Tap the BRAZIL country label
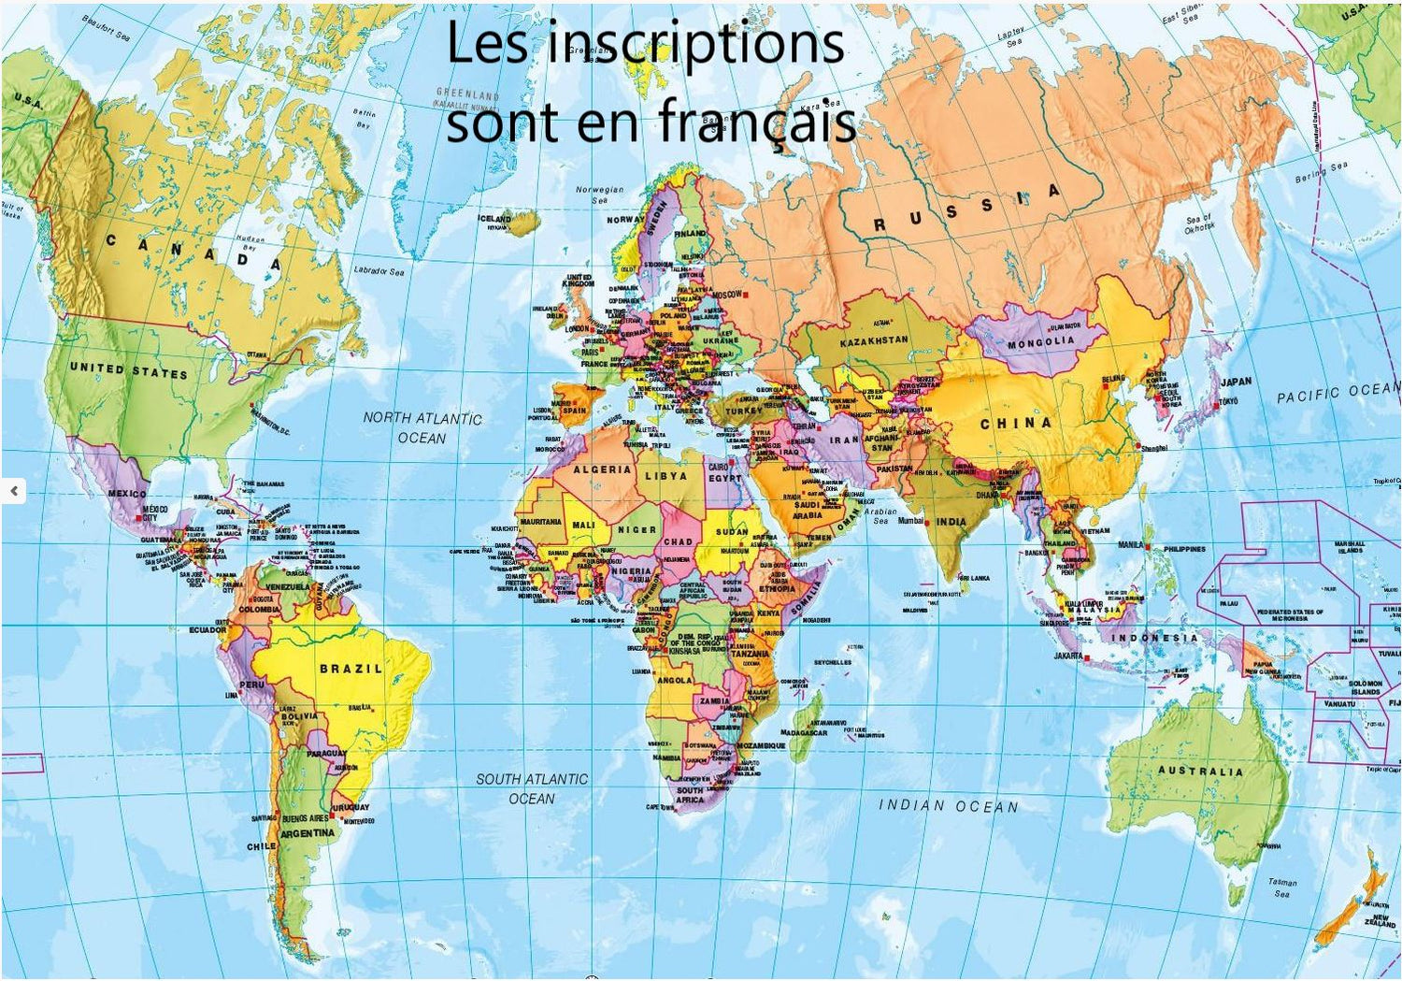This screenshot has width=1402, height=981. [350, 669]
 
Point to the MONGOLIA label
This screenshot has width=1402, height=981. [1040, 342]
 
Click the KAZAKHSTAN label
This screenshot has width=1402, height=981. [874, 341]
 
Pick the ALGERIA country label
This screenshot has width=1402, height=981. [602, 469]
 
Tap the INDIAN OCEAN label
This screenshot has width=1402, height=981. [948, 805]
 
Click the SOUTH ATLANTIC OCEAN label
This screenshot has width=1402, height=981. [532, 788]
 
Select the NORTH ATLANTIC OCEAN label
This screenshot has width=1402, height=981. [422, 427]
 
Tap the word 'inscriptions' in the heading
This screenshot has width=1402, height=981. [695, 44]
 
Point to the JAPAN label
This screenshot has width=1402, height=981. [1236, 382]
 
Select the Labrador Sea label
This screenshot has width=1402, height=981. [379, 271]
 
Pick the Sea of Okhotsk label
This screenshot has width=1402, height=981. [1198, 224]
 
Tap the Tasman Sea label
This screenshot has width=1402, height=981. [1282, 887]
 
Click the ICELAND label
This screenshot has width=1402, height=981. [494, 218]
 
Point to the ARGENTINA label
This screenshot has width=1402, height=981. [308, 832]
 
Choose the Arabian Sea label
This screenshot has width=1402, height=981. [880, 516]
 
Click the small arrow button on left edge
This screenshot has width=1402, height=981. [14, 490]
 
